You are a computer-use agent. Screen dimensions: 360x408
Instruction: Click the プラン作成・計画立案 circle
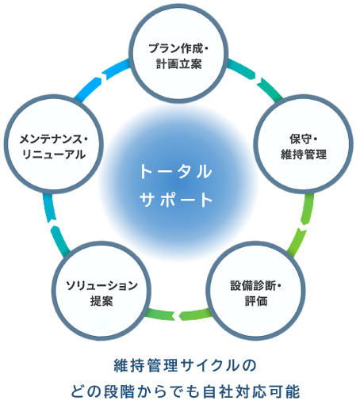tap(178, 53)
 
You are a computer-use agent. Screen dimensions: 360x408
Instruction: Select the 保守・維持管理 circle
tap(304, 144)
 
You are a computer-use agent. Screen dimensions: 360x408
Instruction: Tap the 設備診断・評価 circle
tap(255, 291)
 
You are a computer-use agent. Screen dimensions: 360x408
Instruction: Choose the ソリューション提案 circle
tap(101, 291)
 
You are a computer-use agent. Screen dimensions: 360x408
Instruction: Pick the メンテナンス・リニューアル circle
tap(53, 144)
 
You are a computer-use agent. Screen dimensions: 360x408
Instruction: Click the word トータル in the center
tap(175, 172)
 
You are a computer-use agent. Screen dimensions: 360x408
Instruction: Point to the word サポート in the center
tap(175, 200)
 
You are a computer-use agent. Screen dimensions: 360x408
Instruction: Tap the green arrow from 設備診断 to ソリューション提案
tap(178, 315)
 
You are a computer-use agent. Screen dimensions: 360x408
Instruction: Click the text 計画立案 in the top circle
tap(178, 64)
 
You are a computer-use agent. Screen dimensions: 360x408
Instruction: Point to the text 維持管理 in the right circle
tap(304, 154)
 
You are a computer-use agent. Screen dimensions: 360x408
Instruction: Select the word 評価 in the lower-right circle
tap(256, 301)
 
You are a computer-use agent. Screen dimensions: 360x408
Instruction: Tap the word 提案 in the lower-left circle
tap(101, 301)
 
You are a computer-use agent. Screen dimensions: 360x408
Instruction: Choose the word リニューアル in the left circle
tap(54, 154)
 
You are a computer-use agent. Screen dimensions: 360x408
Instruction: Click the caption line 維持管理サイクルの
tap(185, 365)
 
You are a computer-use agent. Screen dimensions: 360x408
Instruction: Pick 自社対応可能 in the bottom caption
tap(251, 391)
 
